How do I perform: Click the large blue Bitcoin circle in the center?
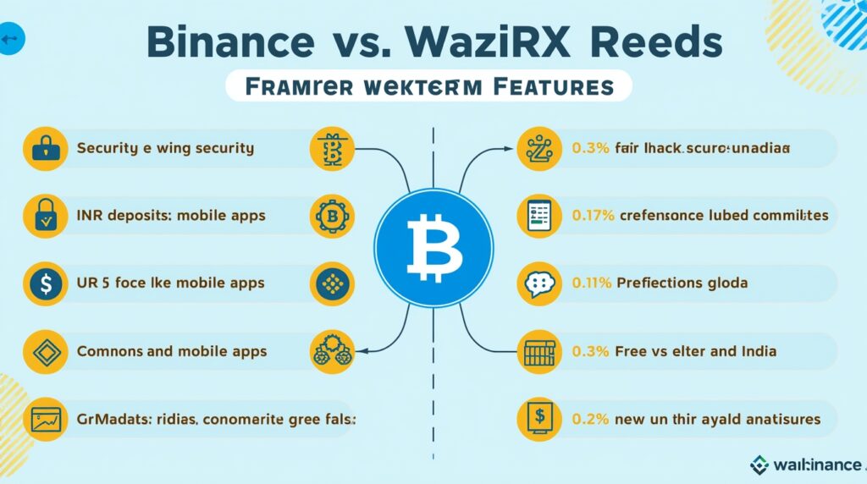tap(433, 245)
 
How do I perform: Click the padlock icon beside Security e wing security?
tap(43, 148)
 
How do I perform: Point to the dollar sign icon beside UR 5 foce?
tap(43, 283)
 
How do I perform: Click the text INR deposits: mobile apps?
tap(171, 216)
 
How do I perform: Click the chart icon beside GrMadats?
tap(43, 418)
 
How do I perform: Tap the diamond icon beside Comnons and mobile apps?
tap(43, 350)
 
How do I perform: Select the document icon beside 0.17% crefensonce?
tap(538, 216)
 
